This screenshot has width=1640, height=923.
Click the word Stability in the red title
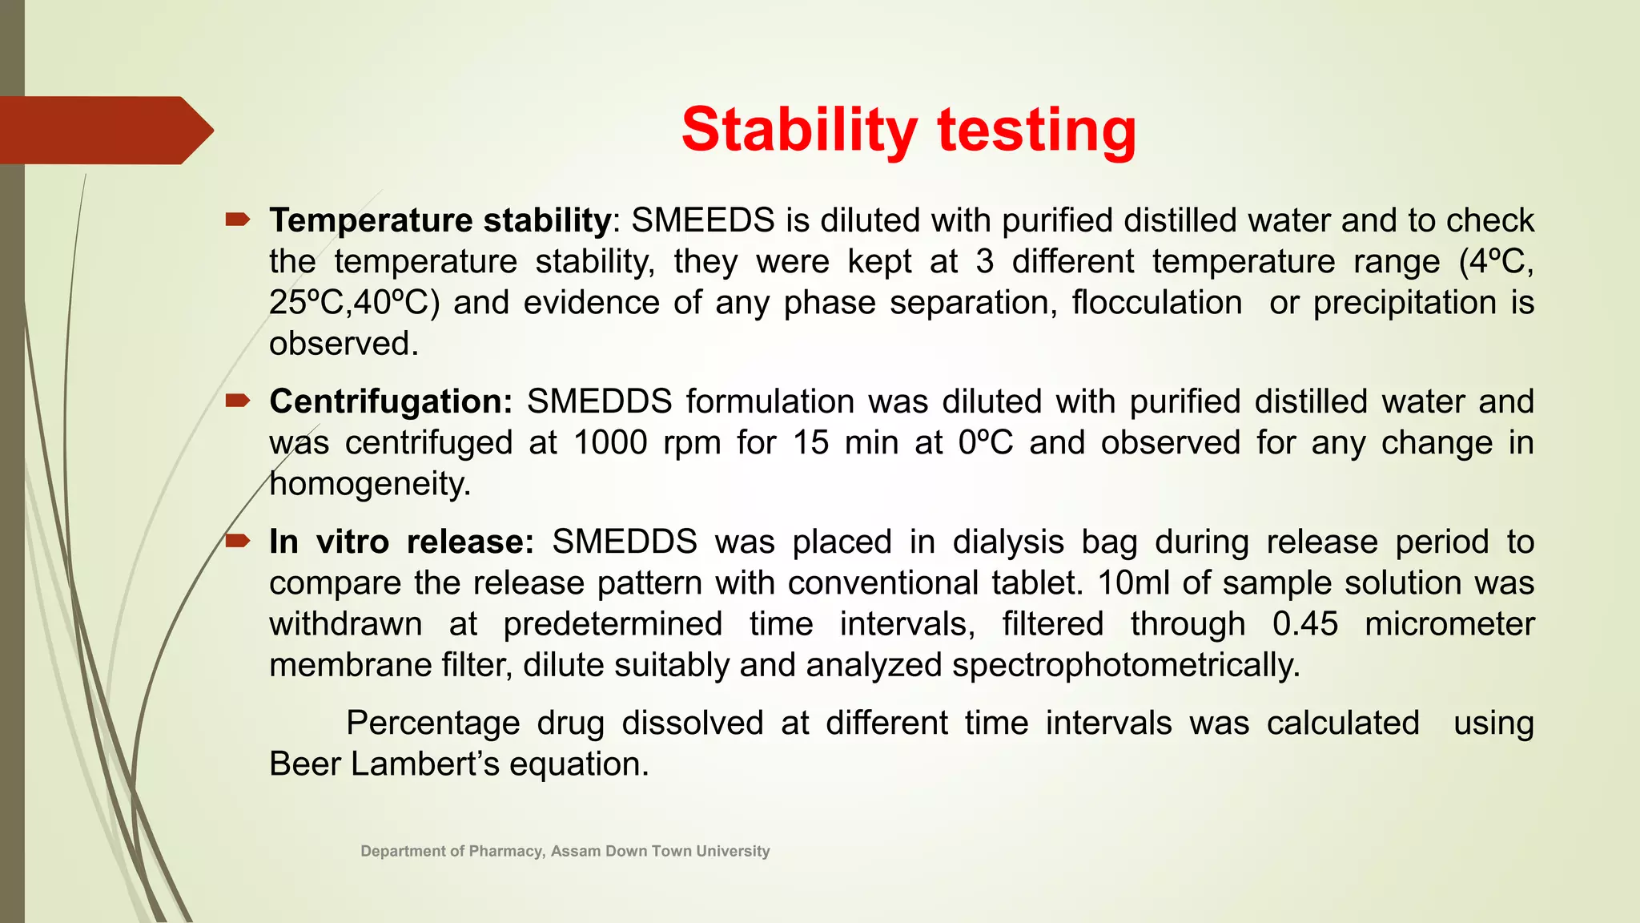click(798, 130)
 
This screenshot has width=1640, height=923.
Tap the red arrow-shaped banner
click(104, 130)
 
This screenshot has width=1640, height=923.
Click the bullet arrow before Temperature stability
click(238, 219)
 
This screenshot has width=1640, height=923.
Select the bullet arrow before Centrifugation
click(238, 401)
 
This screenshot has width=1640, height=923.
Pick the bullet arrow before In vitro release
click(238, 542)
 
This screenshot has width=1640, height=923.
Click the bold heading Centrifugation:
click(391, 401)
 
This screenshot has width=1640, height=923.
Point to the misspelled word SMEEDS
click(702, 220)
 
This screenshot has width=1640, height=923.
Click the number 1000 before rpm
click(610, 443)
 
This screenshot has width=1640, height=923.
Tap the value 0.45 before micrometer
click(1304, 624)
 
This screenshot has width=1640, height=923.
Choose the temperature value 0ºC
click(986, 443)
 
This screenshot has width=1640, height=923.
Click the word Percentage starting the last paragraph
click(432, 723)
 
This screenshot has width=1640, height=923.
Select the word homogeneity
click(370, 484)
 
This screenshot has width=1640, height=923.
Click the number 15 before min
click(810, 443)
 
